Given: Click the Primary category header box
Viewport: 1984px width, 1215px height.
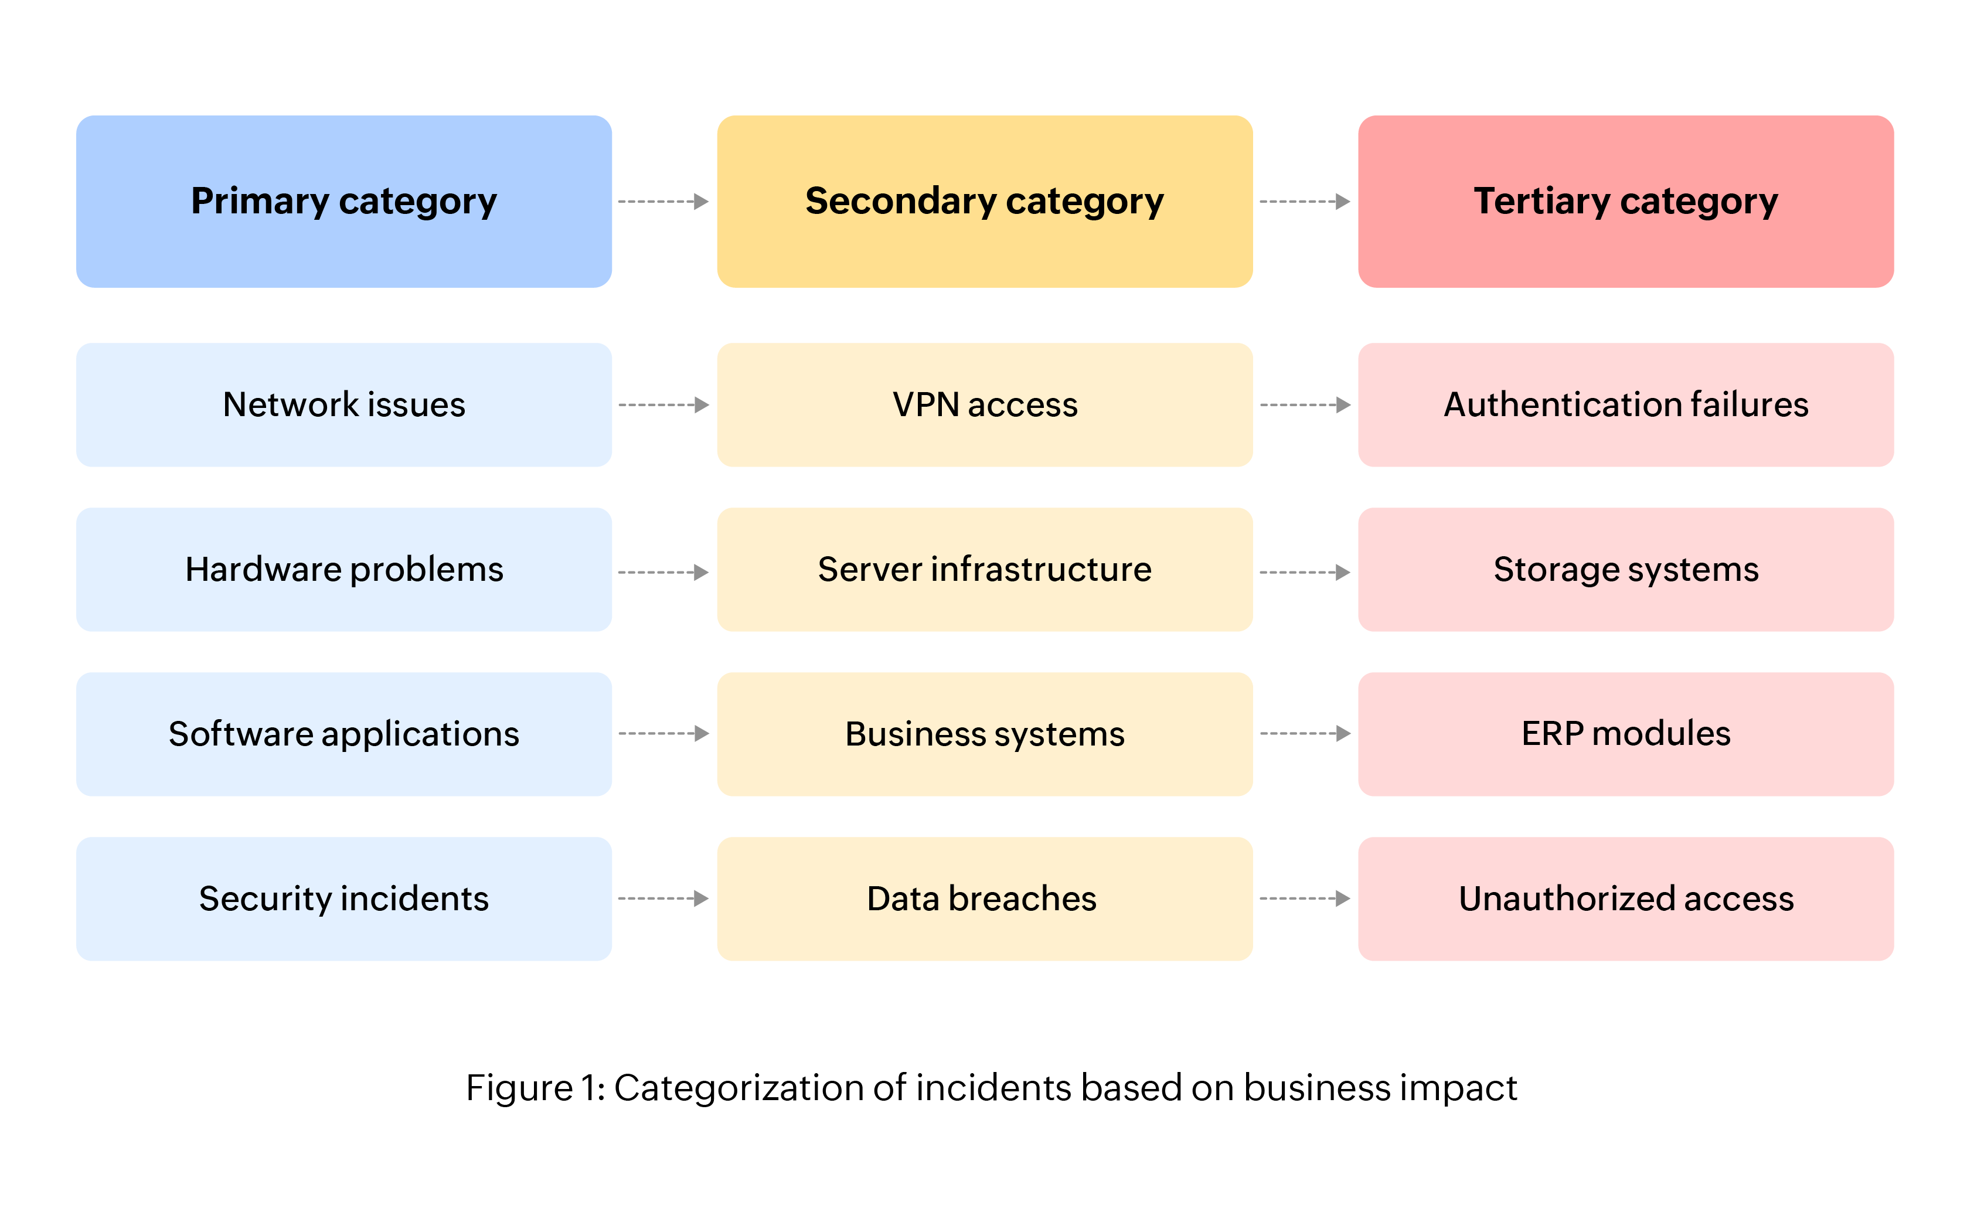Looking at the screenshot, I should (x=344, y=201).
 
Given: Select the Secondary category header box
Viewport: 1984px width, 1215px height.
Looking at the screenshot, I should (x=984, y=201).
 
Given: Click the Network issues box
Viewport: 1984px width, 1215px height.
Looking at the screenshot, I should (x=344, y=405).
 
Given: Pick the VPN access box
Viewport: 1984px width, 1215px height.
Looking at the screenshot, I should (x=984, y=405).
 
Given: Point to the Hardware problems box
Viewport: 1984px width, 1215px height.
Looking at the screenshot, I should (x=344, y=569).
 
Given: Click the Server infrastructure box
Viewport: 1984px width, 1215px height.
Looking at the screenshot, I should (x=984, y=569).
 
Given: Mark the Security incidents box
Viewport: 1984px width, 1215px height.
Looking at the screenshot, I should (x=344, y=899).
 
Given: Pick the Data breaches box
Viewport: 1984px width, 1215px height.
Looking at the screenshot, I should (x=984, y=899).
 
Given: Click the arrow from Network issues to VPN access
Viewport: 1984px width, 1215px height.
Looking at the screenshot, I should (x=663, y=405).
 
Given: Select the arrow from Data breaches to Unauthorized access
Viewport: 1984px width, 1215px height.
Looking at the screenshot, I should (x=1305, y=899).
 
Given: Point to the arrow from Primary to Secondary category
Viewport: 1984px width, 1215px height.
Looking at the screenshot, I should (x=663, y=201).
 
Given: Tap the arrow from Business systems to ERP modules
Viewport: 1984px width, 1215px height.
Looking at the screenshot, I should (x=1305, y=733).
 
